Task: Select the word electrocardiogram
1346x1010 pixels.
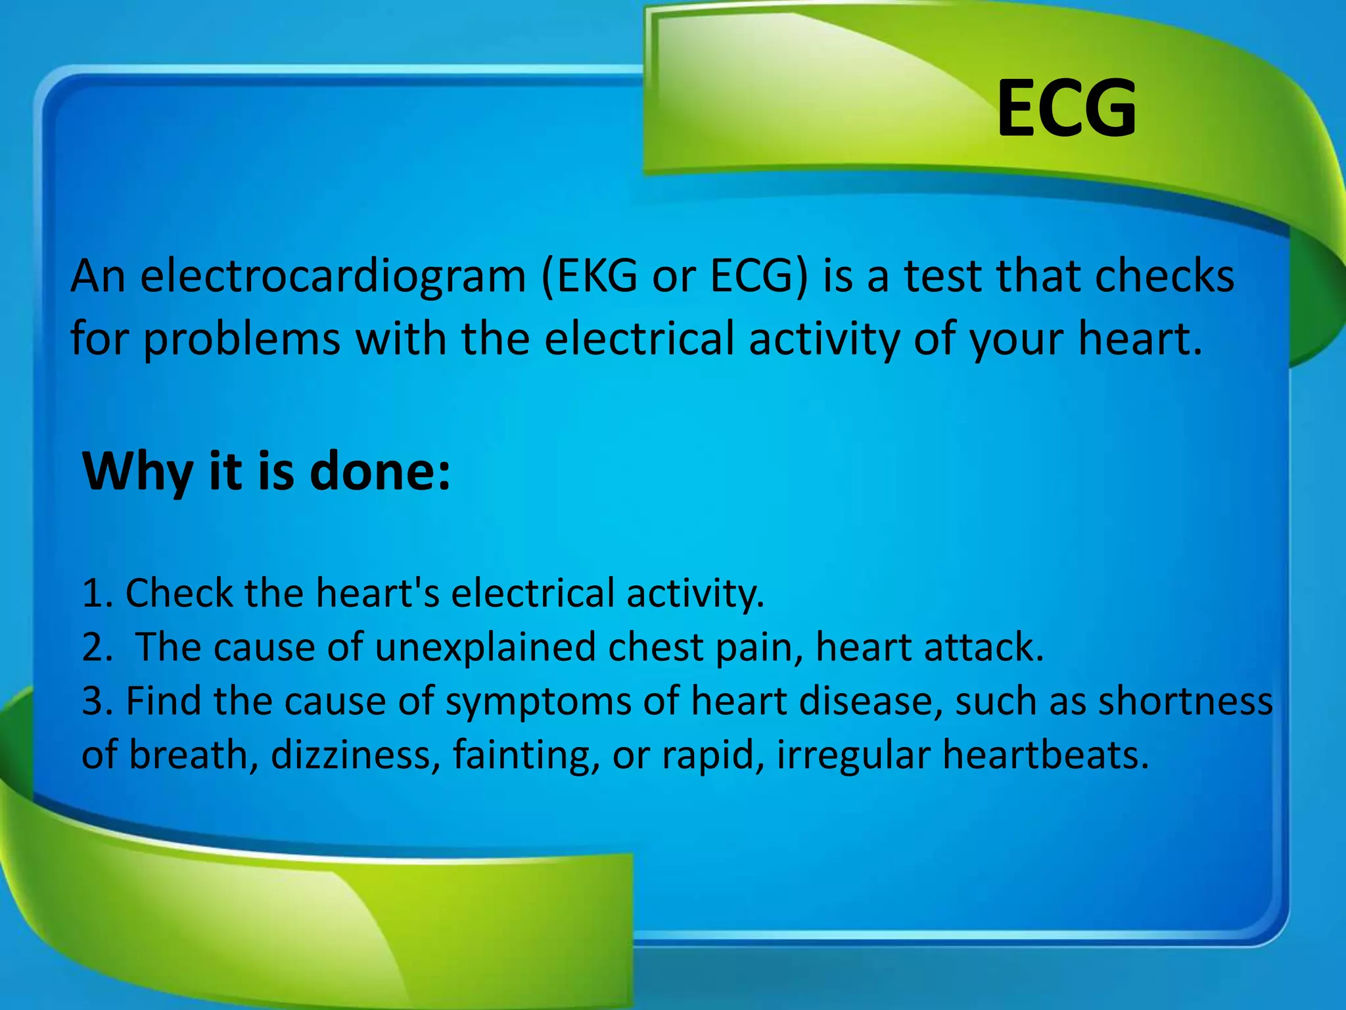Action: pyautogui.click(x=333, y=277)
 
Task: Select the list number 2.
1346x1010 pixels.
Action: pyautogui.click(x=96, y=648)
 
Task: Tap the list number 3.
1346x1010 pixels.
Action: pyautogui.click(x=96, y=702)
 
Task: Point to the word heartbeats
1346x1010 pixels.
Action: pyautogui.click(x=1045, y=756)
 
